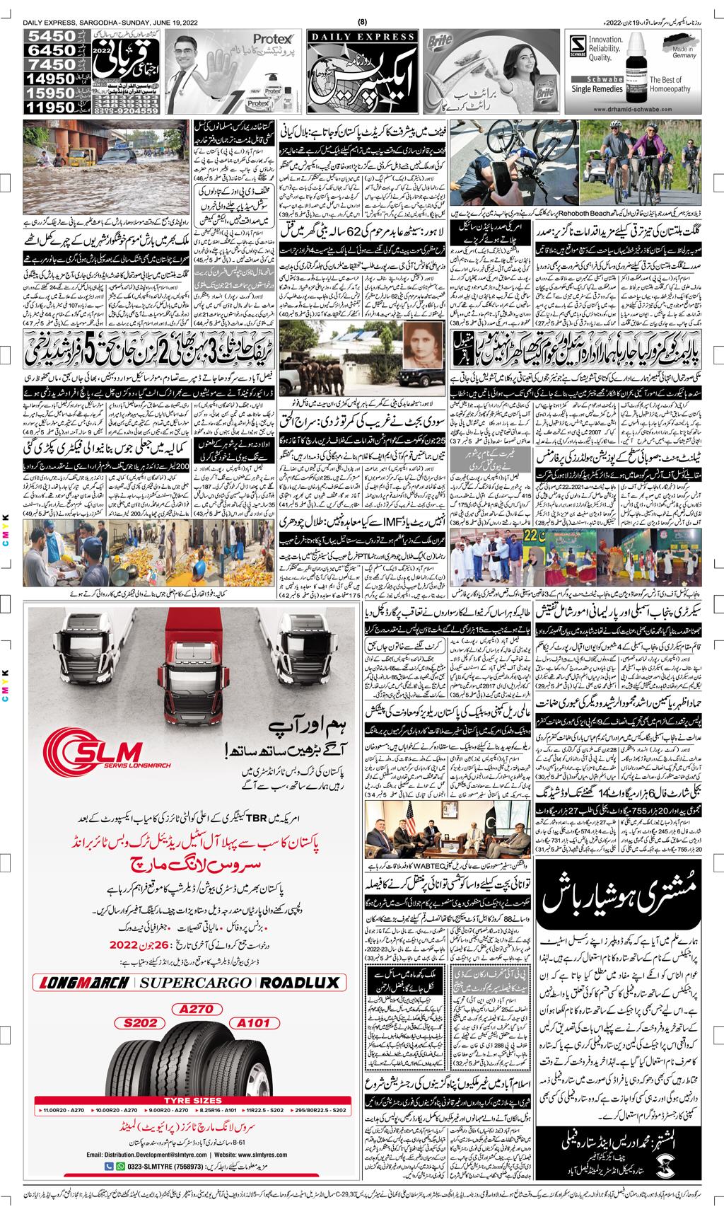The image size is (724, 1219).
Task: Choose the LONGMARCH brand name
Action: pos(83,983)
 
